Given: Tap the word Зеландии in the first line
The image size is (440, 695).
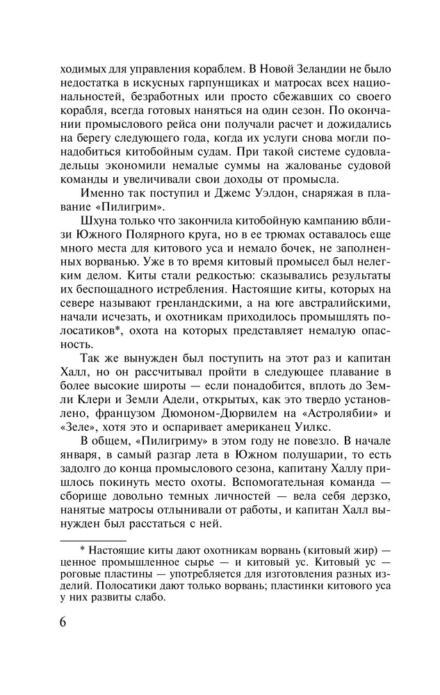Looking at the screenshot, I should [322, 69].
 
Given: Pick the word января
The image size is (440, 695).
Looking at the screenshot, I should [81, 467].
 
